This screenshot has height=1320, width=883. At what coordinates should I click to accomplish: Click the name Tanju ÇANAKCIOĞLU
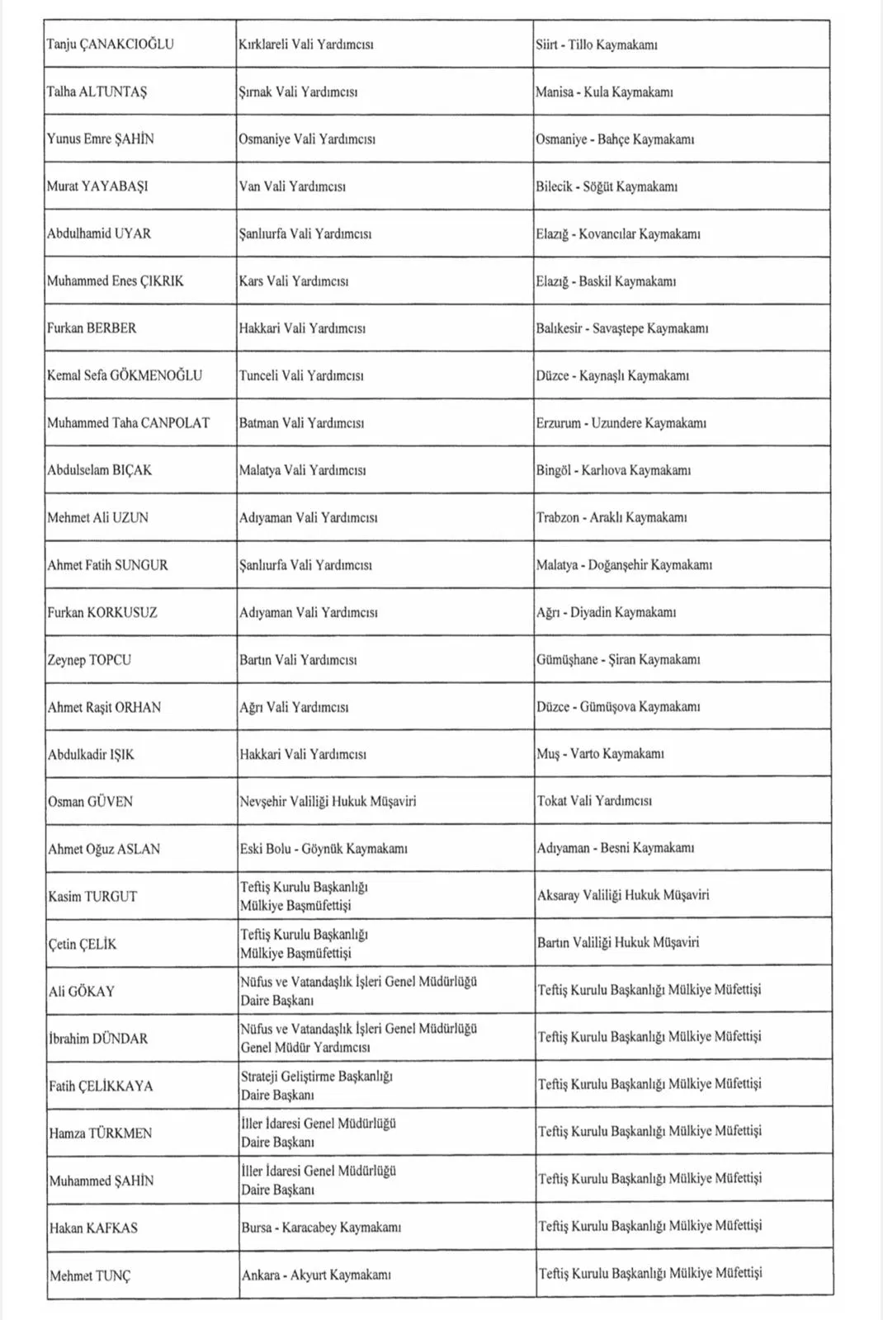111,45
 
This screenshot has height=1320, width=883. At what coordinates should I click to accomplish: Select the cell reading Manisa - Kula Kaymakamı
604,92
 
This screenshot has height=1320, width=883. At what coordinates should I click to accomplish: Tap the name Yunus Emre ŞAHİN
101,139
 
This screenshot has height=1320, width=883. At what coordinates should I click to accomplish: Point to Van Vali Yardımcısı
292,186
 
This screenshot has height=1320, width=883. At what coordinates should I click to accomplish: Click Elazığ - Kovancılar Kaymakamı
618,234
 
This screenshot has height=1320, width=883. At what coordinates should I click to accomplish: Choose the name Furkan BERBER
92,328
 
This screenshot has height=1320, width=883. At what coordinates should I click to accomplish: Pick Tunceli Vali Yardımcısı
301,376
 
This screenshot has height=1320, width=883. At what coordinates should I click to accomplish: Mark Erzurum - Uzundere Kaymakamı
621,423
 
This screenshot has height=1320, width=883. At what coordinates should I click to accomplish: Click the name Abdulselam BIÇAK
100,470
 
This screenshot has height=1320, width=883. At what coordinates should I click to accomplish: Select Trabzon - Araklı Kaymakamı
611,518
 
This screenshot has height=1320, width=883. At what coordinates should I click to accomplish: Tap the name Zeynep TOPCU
89,660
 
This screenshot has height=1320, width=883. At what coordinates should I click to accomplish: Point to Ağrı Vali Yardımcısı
294,707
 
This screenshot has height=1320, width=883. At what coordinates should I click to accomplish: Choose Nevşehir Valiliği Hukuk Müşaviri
328,802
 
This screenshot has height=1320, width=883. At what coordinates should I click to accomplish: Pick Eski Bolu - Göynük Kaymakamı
323,849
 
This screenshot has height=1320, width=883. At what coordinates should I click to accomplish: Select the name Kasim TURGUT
92,897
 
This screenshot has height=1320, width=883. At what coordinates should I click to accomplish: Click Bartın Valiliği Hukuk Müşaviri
618,942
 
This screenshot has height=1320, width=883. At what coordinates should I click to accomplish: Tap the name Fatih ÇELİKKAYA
101,1087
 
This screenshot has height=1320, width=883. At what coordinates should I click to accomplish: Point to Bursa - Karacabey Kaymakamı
321,1228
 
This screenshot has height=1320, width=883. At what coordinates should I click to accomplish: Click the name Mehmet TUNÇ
90,1276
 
